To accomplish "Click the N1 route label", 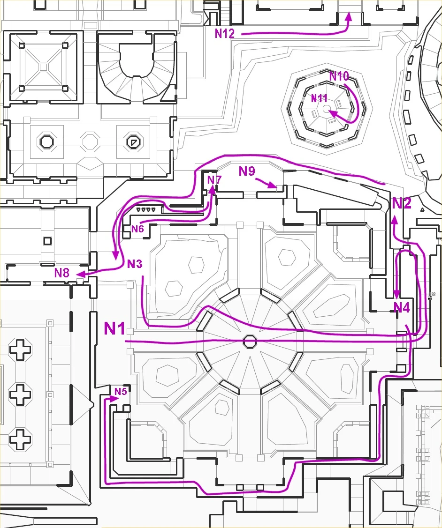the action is [114, 328].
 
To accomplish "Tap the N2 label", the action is [402, 203].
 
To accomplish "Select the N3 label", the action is [135, 264].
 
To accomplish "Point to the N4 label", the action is [402, 307].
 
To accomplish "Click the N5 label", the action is [121, 391].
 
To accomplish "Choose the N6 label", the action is [137, 229].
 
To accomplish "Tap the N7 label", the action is [214, 180].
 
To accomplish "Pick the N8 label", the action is [61, 273].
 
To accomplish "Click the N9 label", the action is [247, 171].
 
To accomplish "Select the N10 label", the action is [339, 76].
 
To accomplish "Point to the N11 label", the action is [319, 98].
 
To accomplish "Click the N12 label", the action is [225, 33].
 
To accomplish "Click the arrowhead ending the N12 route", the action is [349, 17].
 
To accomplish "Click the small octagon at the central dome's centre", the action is [250, 342].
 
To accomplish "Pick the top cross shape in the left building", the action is [21, 350].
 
